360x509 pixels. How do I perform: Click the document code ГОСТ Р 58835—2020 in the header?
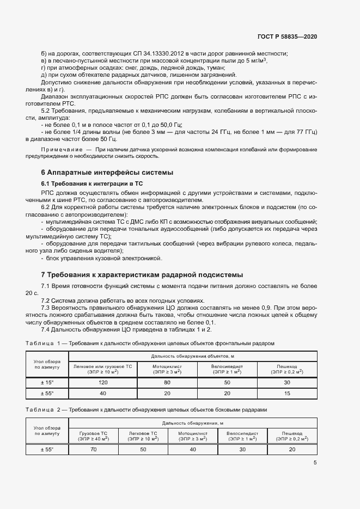pos(287,36)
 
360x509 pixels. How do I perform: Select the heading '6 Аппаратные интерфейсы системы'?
pos(107,173)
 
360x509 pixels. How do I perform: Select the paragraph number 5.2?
pos(46,111)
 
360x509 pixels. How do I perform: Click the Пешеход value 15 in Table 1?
pos(287,393)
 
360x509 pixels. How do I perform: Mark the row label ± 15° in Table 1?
pos(47,383)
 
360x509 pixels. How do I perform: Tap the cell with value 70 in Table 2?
pos(93,449)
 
